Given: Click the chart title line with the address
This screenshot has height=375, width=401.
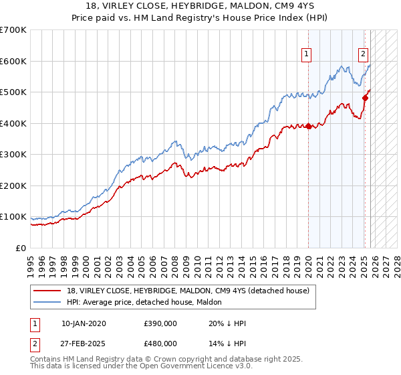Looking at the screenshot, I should [x=200, y=7].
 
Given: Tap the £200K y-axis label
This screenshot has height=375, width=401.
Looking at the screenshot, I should [x=13, y=186].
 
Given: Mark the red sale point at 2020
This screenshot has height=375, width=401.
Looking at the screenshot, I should [x=308, y=127].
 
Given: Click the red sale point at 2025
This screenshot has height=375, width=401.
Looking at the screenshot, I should [x=365, y=98].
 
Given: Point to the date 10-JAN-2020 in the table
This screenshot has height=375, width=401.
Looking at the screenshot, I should [x=84, y=323].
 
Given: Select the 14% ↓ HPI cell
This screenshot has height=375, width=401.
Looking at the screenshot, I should [x=228, y=344].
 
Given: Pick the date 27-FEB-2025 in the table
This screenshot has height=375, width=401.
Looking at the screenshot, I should [x=84, y=344].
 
